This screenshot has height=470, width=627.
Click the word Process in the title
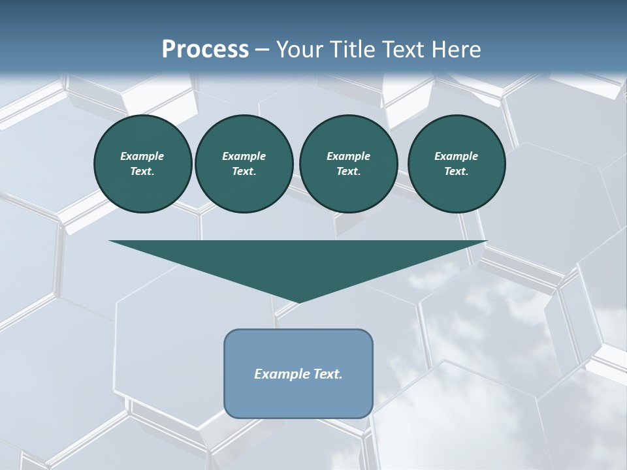pos(205,50)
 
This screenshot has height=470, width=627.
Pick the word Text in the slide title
pos(404,50)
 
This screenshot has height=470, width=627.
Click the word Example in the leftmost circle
pos(142,156)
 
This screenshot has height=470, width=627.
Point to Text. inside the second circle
pos(244,172)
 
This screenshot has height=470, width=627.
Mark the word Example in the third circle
pos(348,156)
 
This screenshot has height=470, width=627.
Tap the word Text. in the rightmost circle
pos(456,172)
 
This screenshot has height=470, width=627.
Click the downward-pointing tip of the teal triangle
pos(298,301)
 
